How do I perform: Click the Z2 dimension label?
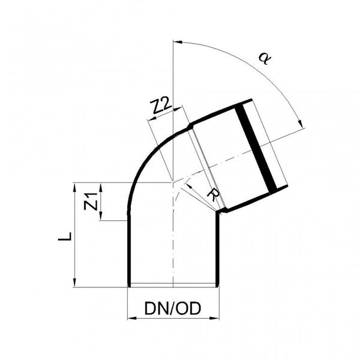tap(160, 108)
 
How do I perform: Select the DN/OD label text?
tap(173, 308)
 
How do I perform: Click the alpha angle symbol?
tap(262, 58)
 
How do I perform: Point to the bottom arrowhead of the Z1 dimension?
tap(102, 217)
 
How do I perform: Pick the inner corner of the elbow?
tap(218, 211)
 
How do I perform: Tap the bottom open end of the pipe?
tap(173, 286)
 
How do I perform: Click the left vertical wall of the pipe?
tap(130, 252)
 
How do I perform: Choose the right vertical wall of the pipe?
tap(218, 252)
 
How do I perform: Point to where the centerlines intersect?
tap(173, 182)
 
